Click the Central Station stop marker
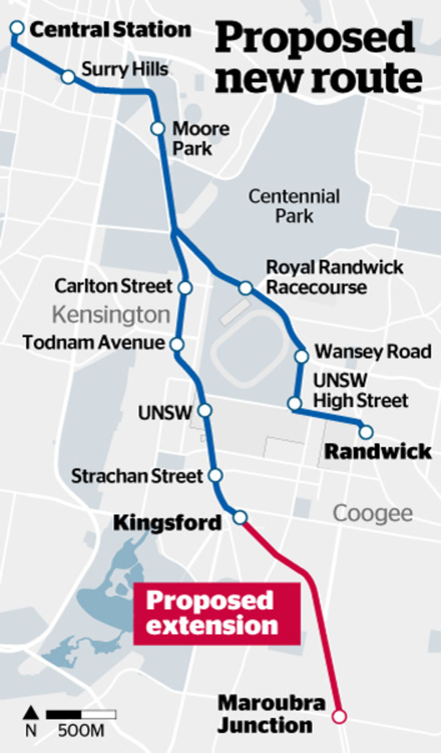(17, 28)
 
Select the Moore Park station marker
(158, 128)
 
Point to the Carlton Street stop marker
(185, 287)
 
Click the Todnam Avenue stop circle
(177, 344)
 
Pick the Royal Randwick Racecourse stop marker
(245, 288)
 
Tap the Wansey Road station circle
(302, 356)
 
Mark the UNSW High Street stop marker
(295, 403)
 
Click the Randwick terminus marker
(366, 431)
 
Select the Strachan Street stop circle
(215, 475)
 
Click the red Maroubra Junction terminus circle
(340, 716)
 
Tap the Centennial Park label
(294, 206)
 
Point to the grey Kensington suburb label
(111, 315)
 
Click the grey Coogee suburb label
(373, 513)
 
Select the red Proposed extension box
(217, 613)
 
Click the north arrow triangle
(31, 713)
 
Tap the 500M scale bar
(81, 714)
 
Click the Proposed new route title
(318, 58)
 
